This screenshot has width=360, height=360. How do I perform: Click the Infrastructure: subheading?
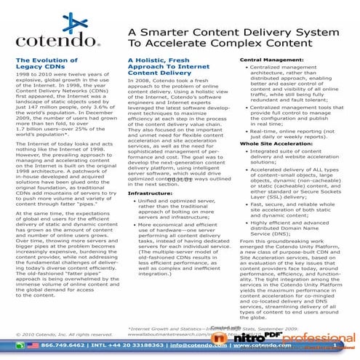pyautogui.click(x=151, y=174)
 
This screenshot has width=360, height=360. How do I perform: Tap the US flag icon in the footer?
pyautogui.click(x=31, y=345)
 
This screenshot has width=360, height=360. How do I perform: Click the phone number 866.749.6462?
pyautogui.click(x=61, y=345)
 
